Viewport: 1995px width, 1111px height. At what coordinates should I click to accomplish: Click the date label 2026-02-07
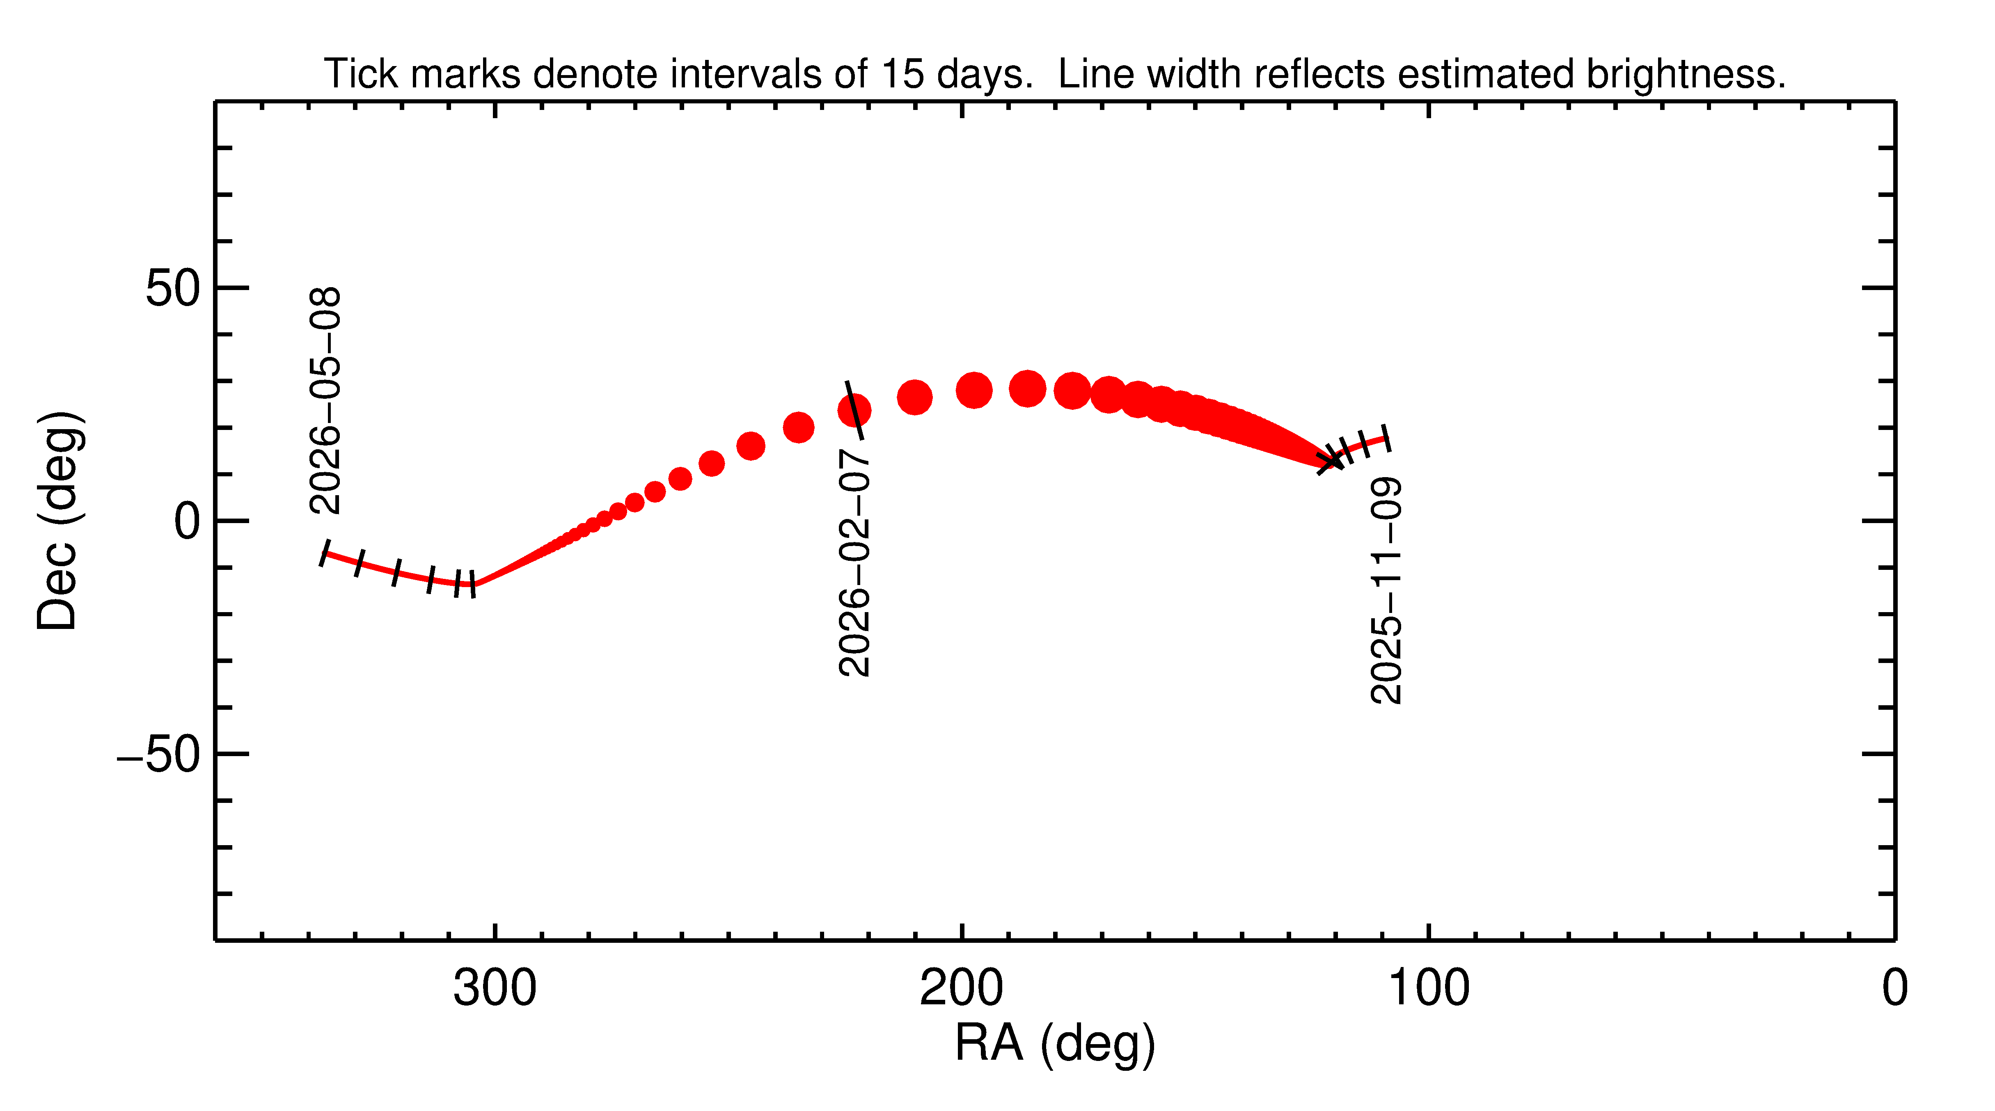(x=854, y=567)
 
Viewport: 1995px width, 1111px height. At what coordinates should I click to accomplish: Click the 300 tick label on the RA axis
(x=495, y=989)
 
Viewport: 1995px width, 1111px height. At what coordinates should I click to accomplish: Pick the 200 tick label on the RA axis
(x=961, y=989)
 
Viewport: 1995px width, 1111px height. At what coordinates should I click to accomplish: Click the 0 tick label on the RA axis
(x=1894, y=989)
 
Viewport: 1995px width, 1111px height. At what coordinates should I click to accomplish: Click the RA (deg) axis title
(x=1055, y=1044)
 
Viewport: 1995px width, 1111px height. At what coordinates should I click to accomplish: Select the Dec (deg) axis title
(x=58, y=521)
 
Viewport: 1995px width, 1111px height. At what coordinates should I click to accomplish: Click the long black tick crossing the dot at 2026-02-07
(x=854, y=410)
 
